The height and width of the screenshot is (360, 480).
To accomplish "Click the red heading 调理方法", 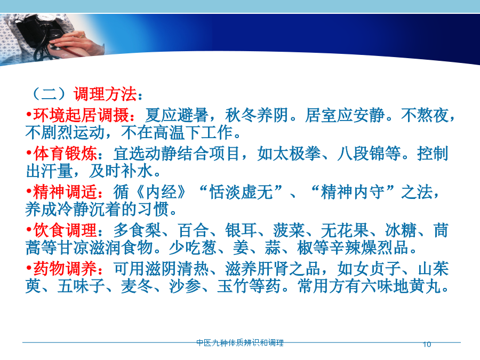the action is pyautogui.click(x=105, y=94).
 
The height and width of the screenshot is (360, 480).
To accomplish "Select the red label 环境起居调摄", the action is pyautogui.click(x=81, y=115).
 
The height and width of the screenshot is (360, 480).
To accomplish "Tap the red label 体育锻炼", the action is pyautogui.click(x=65, y=154).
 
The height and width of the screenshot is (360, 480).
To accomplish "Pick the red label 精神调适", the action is pyautogui.click(x=65, y=192).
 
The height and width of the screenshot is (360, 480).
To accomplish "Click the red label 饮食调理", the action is pyautogui.click(x=65, y=230).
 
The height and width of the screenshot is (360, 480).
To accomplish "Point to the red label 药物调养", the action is pyautogui.click(x=65, y=269).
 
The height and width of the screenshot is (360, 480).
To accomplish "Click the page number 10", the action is pyautogui.click(x=427, y=345).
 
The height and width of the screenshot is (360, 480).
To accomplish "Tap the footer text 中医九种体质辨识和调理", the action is pyautogui.click(x=240, y=342).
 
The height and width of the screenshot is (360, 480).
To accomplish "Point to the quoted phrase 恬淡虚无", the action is pyautogui.click(x=241, y=192).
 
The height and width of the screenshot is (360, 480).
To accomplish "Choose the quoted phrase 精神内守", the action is pyautogui.click(x=353, y=192).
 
